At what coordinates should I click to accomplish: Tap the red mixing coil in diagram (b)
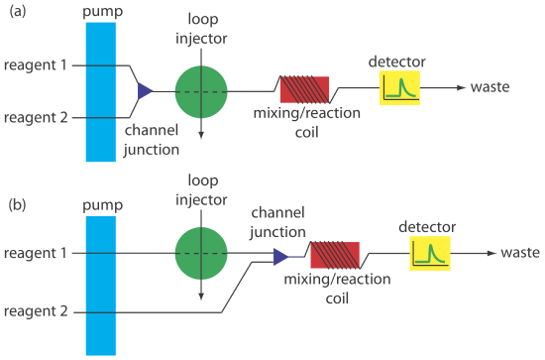coord(334,256)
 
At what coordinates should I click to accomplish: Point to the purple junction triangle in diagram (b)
coord(280,257)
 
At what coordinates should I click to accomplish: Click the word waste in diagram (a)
coord(490,87)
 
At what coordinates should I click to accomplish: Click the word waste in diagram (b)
coord(519,254)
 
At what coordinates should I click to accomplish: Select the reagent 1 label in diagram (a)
coord(35,65)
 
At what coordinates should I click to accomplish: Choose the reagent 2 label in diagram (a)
coord(35,118)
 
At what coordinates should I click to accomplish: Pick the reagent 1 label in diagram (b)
coord(35,255)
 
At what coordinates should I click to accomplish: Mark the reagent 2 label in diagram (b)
coord(35,312)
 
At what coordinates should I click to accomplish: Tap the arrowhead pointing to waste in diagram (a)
coord(461,88)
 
